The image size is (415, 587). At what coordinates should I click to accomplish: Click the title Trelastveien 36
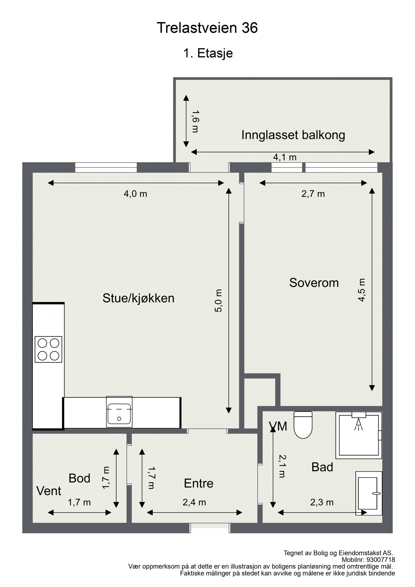click(x=207, y=28)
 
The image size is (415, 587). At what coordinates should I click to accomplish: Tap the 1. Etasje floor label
click(x=208, y=53)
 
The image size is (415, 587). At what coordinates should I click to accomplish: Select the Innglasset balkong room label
click(x=293, y=135)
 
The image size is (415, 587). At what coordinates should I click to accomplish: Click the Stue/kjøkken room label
click(x=138, y=298)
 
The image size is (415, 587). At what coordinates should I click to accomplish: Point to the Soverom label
click(x=314, y=283)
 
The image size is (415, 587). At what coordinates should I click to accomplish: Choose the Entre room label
click(x=198, y=484)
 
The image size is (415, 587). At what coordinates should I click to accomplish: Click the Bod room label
click(x=79, y=478)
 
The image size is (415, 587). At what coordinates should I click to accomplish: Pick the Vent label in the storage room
click(x=49, y=491)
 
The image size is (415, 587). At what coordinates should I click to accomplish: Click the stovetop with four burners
click(x=49, y=349)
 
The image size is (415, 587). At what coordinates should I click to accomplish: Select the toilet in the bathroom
click(x=303, y=425)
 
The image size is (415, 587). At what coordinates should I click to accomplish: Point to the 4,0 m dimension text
click(x=135, y=194)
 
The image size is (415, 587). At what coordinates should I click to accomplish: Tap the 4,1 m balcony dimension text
click(x=285, y=157)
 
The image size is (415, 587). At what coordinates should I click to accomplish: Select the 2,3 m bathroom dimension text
click(x=322, y=502)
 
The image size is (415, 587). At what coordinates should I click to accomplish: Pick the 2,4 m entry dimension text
click(x=194, y=502)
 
